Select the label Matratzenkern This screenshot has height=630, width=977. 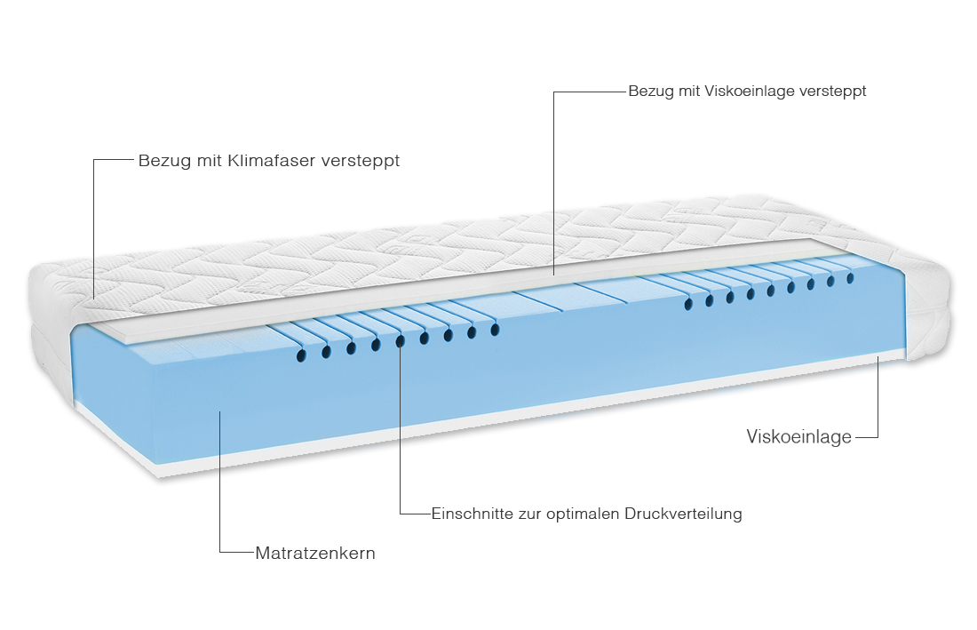315,553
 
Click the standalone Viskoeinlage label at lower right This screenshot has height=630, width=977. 798,436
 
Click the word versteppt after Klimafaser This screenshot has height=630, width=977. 360,161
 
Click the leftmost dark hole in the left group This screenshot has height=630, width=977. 302,355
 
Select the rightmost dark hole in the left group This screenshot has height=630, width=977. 496,329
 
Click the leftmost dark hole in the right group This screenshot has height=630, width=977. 688,304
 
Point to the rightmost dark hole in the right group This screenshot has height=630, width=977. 851,278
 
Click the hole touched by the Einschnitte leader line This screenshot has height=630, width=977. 400,340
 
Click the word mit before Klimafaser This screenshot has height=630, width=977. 209,160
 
